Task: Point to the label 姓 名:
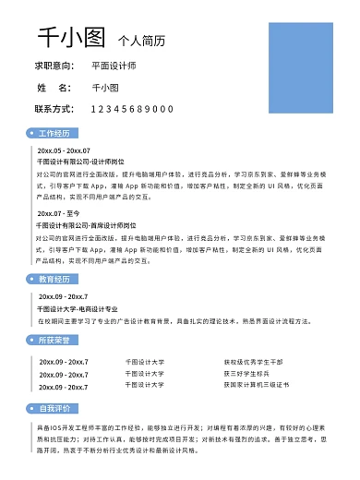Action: pos(54,88)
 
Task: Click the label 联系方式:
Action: pos(54,109)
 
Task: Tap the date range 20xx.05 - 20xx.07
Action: pos(64,150)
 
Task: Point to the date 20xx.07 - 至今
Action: pos(58,213)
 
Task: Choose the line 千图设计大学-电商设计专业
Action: pos(78,308)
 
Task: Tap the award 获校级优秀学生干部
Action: pos(253,362)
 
